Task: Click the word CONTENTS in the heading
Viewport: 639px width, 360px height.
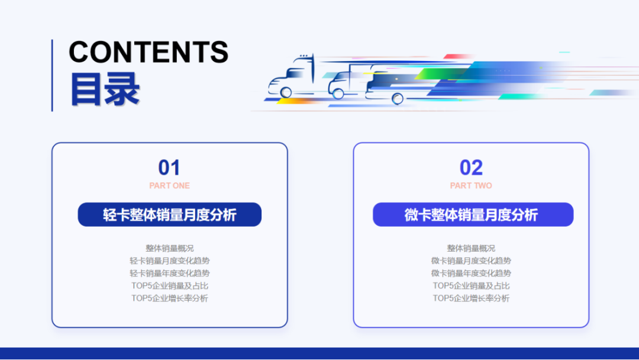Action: pyautogui.click(x=149, y=52)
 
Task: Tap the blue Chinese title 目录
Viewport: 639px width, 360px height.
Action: pyautogui.click(x=105, y=89)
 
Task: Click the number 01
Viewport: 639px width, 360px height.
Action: pyautogui.click(x=169, y=168)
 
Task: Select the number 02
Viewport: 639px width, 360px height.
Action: pyautogui.click(x=471, y=168)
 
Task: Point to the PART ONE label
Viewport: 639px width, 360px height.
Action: pyautogui.click(x=169, y=185)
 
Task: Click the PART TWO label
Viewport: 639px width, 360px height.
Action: pyautogui.click(x=471, y=185)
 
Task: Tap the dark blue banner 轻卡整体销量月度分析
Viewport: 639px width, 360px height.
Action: pyautogui.click(x=170, y=214)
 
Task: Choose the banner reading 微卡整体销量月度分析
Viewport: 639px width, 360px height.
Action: pyautogui.click(x=473, y=214)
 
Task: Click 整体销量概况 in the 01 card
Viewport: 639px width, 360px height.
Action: pyautogui.click(x=170, y=248)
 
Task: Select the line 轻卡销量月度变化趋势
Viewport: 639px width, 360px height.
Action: pyautogui.click(x=170, y=261)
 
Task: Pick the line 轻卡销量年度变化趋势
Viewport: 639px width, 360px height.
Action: pyautogui.click(x=170, y=273)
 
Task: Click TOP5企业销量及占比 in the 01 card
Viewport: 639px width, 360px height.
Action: pyautogui.click(x=170, y=285)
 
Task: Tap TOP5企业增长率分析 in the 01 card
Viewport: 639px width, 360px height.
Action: pyautogui.click(x=170, y=298)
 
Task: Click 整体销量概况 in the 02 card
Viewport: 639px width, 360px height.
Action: pyautogui.click(x=471, y=248)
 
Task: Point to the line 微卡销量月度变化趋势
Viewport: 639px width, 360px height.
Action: pyautogui.click(x=471, y=261)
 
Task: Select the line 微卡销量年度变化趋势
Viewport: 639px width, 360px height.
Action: pyautogui.click(x=471, y=273)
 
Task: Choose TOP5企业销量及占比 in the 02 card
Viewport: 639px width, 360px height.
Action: pyautogui.click(x=471, y=285)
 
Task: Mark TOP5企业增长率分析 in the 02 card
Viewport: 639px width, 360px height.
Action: pyautogui.click(x=471, y=298)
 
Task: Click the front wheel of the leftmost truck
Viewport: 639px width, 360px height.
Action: pyautogui.click(x=286, y=92)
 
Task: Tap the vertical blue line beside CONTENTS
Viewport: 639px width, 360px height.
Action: pyautogui.click(x=52, y=75)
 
